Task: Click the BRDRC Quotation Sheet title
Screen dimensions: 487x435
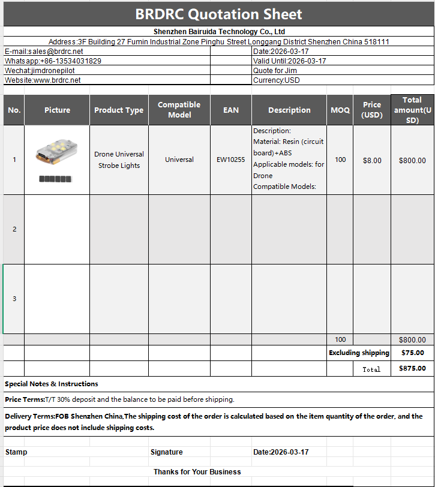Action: [x=218, y=14]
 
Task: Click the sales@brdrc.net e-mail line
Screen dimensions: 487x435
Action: [x=44, y=52]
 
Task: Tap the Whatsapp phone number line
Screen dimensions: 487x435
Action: [x=53, y=61]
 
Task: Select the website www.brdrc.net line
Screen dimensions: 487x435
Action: [x=43, y=80]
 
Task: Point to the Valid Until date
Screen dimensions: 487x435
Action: [x=290, y=61]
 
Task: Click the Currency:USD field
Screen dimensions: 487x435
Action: [x=277, y=80]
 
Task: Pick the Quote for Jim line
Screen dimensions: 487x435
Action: [x=275, y=71]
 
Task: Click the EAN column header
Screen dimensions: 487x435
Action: [x=231, y=110]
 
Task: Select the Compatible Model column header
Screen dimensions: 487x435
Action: [x=179, y=110]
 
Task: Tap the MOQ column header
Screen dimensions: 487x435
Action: [x=340, y=110]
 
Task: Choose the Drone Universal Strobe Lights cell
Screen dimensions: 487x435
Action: [x=119, y=160]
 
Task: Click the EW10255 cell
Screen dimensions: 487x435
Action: [x=231, y=160]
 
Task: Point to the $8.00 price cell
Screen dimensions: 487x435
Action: [x=372, y=160]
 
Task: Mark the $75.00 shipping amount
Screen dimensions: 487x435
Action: [x=412, y=353]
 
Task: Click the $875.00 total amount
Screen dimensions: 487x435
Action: [x=412, y=368]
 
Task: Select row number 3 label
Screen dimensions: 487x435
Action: [x=14, y=299]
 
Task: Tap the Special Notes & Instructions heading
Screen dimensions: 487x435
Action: [x=52, y=384]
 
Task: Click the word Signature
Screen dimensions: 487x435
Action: [x=167, y=452]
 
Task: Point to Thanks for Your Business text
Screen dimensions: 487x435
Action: [x=197, y=471]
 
